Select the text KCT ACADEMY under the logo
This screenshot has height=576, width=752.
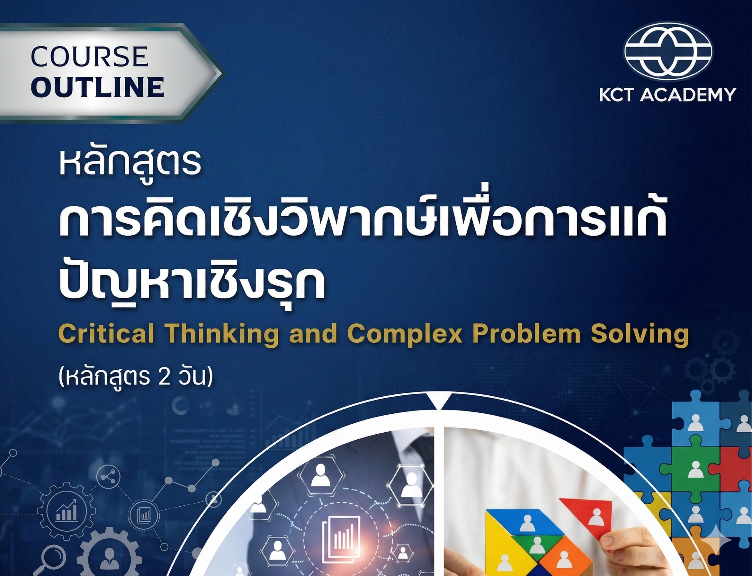point(668,94)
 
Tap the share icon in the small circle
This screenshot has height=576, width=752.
point(109,477)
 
